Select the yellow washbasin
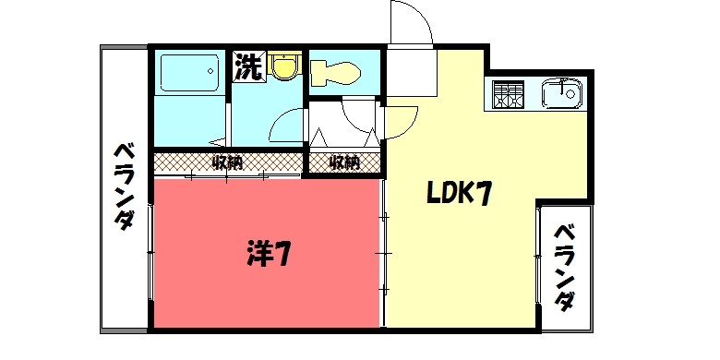285,66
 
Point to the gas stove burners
507,93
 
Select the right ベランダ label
565,267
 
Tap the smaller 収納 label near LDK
343,163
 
